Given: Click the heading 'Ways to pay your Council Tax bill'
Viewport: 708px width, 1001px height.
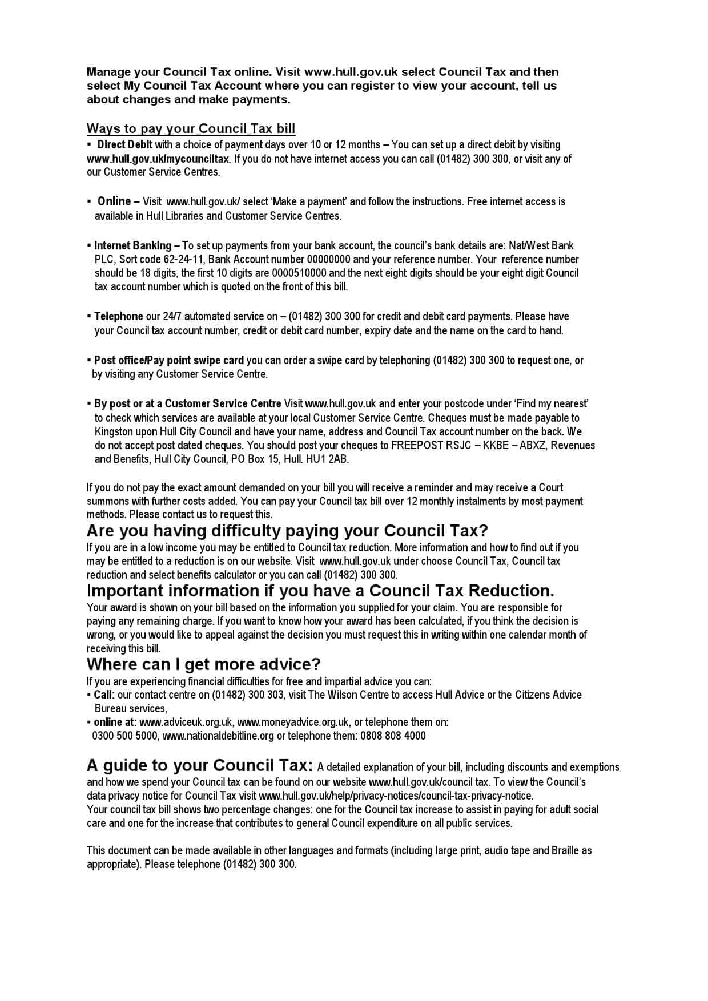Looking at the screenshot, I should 191,128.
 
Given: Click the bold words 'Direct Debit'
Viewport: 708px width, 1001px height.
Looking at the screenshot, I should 124,144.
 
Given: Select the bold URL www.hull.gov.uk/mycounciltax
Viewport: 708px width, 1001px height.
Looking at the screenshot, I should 158,159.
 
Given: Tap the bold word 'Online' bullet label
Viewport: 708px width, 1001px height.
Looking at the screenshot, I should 114,201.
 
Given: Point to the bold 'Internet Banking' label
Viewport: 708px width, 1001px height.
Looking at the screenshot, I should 132,245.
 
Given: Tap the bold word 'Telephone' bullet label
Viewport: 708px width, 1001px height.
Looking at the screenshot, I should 119,316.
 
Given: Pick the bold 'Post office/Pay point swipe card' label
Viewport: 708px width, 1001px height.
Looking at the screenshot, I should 169,360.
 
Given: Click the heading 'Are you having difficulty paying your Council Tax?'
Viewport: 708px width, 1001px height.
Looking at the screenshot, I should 287,531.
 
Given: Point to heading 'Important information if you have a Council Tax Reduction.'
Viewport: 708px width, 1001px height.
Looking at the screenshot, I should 320,590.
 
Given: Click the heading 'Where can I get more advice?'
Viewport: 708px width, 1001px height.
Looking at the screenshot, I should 203,664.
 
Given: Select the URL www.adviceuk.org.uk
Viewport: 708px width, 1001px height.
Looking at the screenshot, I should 186,722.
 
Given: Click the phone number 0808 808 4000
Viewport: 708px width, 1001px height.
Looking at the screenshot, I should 393,736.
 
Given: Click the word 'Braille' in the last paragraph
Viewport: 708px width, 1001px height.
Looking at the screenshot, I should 565,850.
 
